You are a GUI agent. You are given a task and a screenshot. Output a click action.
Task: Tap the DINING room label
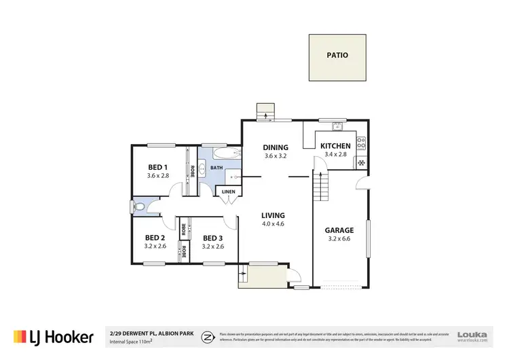click(276, 147)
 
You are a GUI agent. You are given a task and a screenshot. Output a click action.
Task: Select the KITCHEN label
click(335, 146)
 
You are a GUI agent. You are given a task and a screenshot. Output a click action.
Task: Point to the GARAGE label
click(341, 230)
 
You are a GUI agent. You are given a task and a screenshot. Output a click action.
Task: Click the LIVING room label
click(274, 215)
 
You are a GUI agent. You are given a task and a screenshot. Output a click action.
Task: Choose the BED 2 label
click(155, 238)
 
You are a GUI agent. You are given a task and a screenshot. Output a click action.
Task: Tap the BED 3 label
click(212, 238)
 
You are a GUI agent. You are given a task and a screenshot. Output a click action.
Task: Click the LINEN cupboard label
click(228, 192)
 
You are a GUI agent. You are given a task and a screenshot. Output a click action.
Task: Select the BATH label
click(216, 167)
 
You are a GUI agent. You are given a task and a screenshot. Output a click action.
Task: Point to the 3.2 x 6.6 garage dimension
click(341, 238)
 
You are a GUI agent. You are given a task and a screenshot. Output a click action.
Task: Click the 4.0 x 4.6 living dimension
click(274, 223)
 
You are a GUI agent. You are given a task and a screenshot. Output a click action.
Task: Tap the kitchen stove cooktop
click(362, 143)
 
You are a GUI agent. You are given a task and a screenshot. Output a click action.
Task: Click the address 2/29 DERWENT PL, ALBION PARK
click(151, 334)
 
